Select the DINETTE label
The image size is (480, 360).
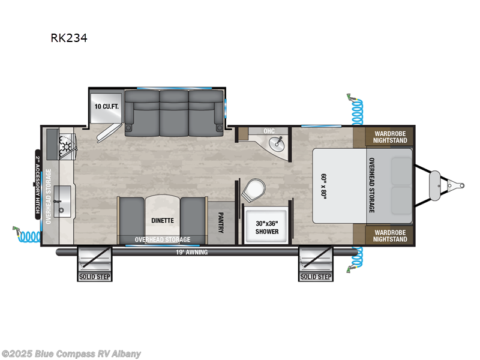tap(163, 220)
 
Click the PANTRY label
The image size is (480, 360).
tap(221, 221)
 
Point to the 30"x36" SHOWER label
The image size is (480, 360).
tap(267, 227)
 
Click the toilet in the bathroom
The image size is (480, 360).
tap(251, 190)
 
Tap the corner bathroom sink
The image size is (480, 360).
tap(277, 143)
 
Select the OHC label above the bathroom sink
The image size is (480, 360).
tap(269, 131)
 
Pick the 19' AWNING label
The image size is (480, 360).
tap(191, 253)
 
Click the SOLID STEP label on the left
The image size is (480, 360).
tap(94, 277)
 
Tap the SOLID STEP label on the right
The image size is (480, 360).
tap(316, 277)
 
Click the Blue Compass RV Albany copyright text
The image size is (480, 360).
tap(71, 353)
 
